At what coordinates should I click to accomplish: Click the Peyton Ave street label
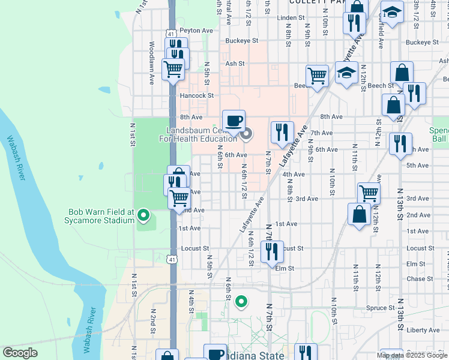(x=196, y=30)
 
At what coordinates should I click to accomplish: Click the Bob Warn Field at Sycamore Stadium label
(x=101, y=216)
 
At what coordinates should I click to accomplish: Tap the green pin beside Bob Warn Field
(x=143, y=214)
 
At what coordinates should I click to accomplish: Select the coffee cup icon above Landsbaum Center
(x=234, y=121)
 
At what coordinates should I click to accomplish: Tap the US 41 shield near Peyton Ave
(x=171, y=34)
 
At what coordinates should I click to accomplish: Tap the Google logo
(x=20, y=353)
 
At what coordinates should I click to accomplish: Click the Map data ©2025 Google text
(x=412, y=355)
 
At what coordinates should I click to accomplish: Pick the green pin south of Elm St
(x=241, y=301)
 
